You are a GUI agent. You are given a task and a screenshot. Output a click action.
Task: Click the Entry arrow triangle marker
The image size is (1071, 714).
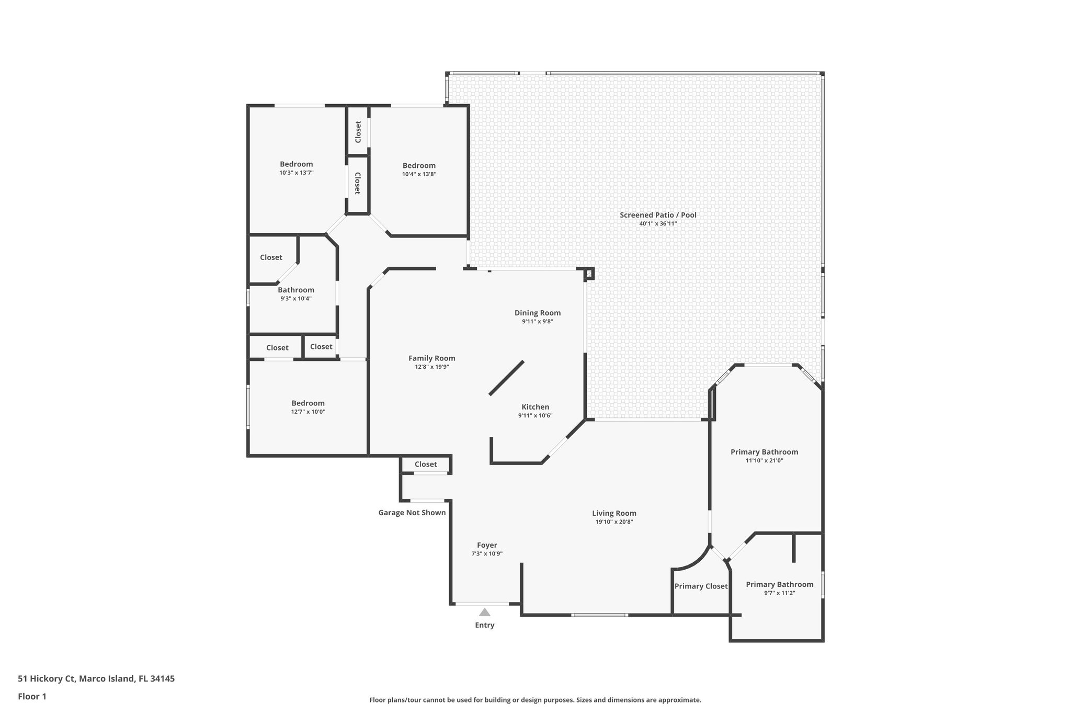tap(485, 612)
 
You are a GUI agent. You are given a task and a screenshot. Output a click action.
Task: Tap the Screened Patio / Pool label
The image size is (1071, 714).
tap(658, 215)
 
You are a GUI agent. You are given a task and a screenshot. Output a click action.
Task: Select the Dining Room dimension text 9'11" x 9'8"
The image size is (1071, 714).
tap(537, 322)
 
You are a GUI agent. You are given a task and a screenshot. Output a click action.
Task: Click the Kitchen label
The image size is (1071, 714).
tap(535, 407)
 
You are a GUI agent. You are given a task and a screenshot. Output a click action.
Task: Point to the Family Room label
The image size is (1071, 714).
tap(431, 358)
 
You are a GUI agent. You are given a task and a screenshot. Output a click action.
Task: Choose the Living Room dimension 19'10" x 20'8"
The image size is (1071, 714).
tap(614, 522)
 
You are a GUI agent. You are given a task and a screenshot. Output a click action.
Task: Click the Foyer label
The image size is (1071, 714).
tap(487, 545)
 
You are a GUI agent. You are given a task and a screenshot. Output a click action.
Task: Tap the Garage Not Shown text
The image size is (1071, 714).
tap(412, 513)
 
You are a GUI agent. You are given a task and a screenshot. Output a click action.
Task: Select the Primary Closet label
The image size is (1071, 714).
tap(701, 586)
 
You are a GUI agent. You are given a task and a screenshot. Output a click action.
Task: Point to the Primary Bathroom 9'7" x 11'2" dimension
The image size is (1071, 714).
tap(779, 593)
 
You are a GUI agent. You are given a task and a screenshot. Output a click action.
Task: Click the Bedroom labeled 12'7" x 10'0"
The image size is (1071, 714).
tap(308, 403)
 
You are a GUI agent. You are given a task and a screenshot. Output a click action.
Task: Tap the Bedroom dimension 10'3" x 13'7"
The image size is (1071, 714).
tap(296, 173)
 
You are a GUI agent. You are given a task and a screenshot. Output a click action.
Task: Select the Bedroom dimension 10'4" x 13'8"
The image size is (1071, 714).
tap(419, 174)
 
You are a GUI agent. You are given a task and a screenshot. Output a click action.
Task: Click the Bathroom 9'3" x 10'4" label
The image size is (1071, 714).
tap(296, 290)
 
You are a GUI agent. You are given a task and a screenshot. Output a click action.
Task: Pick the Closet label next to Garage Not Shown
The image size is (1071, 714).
tap(426, 464)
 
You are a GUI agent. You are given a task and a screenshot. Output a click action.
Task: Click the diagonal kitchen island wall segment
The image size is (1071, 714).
tap(506, 378)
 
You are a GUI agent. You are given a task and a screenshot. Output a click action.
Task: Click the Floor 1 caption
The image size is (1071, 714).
tap(32, 696)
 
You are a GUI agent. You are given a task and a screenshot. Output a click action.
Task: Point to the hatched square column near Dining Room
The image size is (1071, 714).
tap(589, 273)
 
